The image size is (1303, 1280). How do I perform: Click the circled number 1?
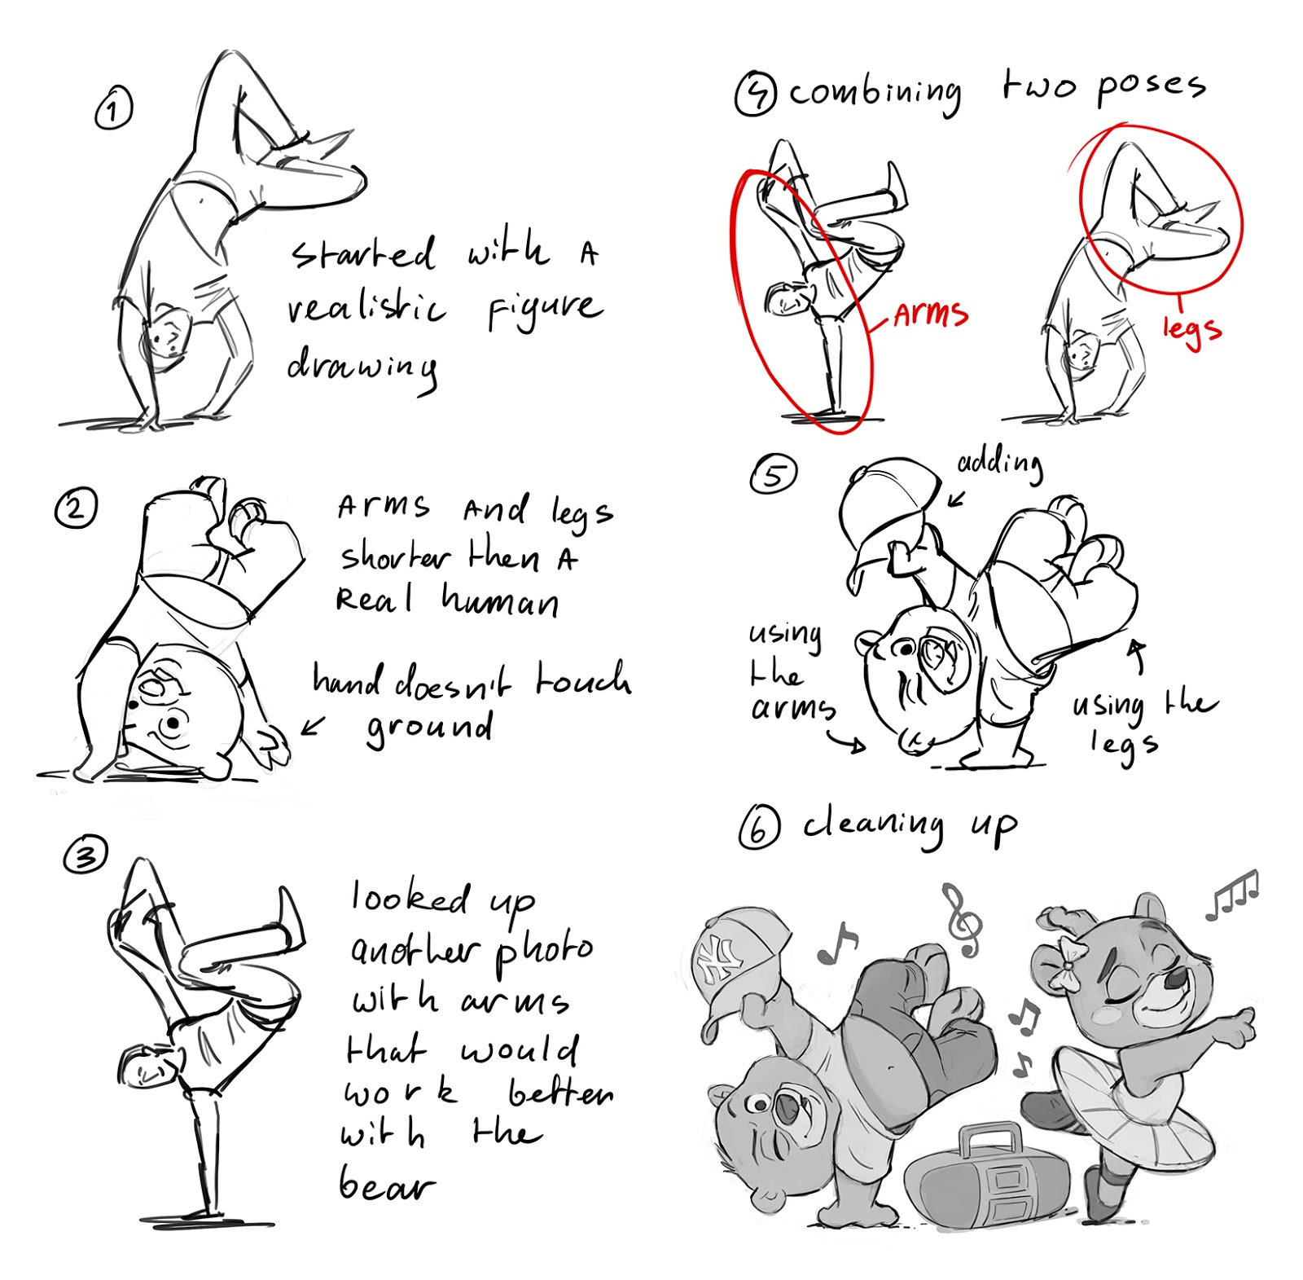point(113,109)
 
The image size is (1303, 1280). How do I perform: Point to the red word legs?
point(1191,329)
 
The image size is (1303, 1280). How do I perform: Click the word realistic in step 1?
point(366,309)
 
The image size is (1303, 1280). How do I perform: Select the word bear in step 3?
point(386,1185)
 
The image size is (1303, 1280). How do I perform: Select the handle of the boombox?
point(988,1138)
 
